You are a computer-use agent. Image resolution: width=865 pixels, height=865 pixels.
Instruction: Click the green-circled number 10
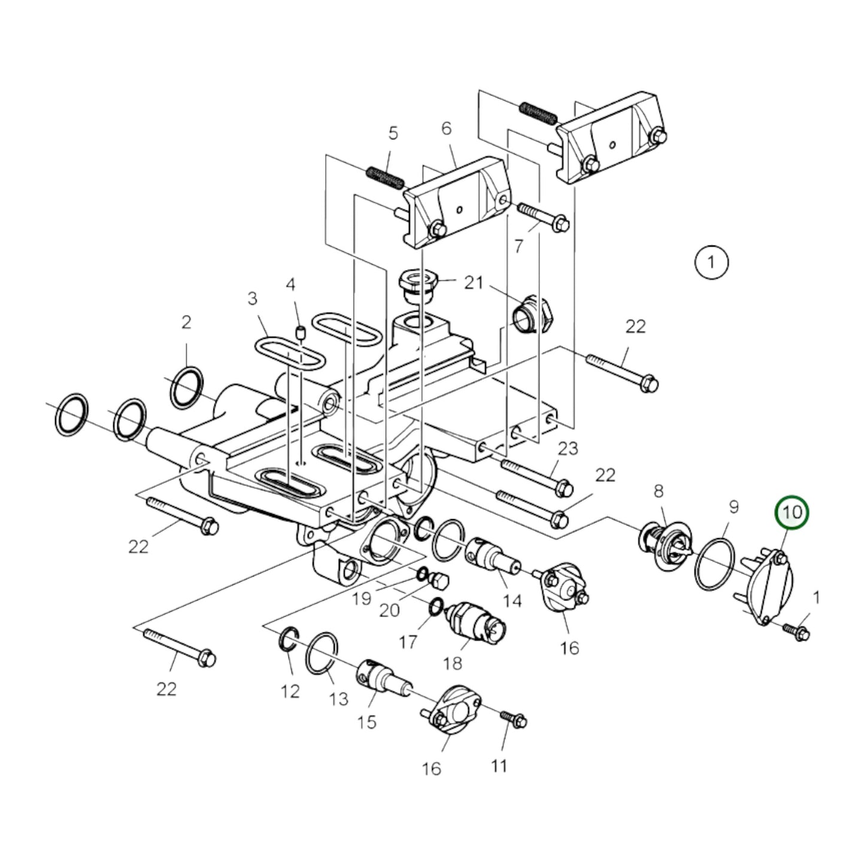(791, 513)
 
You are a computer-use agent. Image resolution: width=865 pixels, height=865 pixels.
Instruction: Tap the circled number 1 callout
(711, 262)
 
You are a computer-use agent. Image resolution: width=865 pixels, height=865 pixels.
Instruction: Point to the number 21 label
(474, 282)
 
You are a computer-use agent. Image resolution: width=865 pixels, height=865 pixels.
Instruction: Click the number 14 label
(512, 600)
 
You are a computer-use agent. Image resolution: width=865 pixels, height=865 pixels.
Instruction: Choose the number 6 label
(446, 128)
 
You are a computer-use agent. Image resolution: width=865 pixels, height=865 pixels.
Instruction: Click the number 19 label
(362, 598)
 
